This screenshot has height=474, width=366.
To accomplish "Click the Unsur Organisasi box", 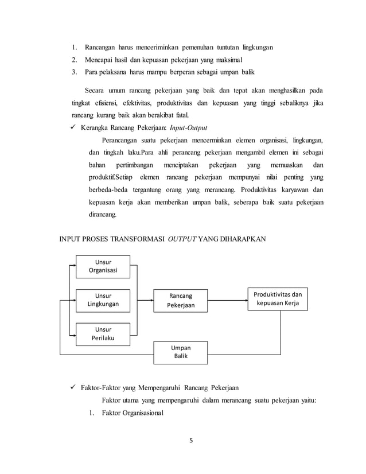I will point(103,267).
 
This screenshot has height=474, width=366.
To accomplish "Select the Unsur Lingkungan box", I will point(103,300).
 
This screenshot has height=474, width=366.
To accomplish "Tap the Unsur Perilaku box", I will point(103,333).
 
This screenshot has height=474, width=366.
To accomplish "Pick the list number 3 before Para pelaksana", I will point(74,72).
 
